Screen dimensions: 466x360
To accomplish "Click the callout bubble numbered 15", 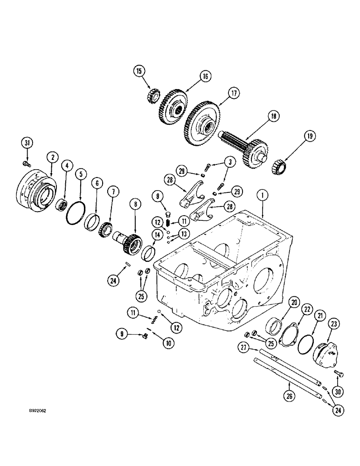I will pos(139,71).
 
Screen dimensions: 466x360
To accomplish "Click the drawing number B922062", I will pos(40,411).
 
